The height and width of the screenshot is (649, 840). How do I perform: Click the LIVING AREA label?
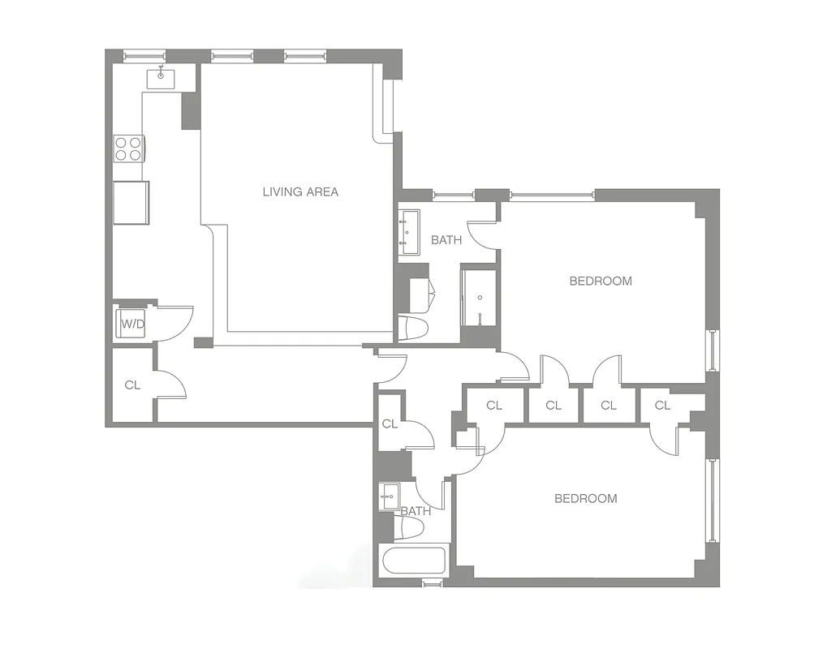[x=300, y=192]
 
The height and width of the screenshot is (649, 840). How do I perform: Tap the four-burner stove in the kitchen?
[x=128, y=148]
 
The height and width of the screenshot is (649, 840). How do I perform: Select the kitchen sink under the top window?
[x=162, y=78]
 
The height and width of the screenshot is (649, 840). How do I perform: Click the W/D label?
[x=132, y=324]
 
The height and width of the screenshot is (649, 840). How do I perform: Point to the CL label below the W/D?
[x=132, y=385]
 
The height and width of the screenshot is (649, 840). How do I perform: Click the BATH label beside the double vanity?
[x=446, y=240]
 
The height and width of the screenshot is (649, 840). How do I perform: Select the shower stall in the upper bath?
[x=479, y=296]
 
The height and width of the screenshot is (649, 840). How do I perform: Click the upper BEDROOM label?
[x=600, y=282]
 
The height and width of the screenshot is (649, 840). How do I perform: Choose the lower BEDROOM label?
[x=585, y=498]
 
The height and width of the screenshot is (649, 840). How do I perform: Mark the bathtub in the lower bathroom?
[x=413, y=561]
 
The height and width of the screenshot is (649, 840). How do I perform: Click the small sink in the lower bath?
[x=389, y=495]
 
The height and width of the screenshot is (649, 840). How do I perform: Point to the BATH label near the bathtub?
[x=416, y=511]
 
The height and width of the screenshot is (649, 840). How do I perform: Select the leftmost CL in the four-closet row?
[x=494, y=406]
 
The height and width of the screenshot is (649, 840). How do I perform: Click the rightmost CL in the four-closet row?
[x=662, y=406]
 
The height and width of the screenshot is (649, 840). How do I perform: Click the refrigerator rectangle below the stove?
[x=131, y=202]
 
